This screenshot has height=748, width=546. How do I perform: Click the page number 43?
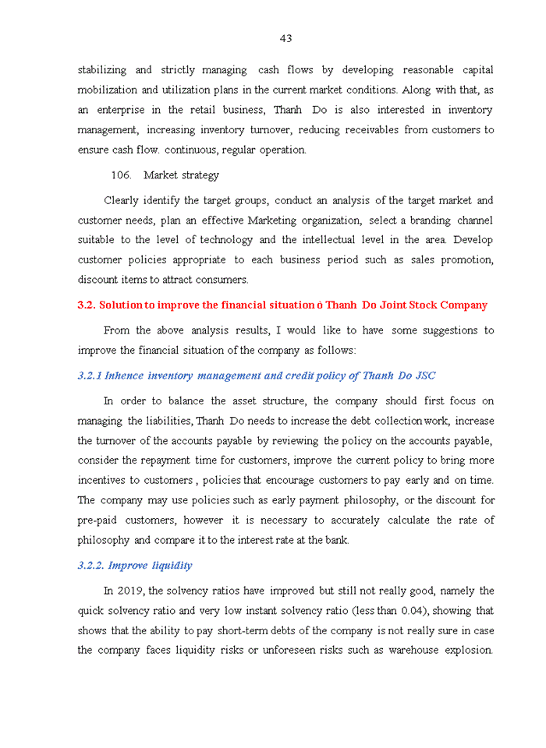(285, 38)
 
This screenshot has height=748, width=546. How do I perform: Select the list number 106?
(121, 175)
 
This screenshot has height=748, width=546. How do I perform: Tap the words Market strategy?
(181, 175)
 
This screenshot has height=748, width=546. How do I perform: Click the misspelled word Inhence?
(124, 376)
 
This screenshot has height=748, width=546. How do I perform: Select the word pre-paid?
(97, 520)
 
